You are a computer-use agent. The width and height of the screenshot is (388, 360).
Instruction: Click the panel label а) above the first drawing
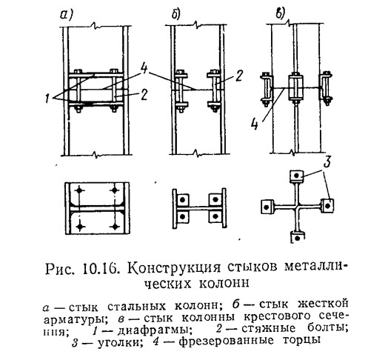coord(66,16)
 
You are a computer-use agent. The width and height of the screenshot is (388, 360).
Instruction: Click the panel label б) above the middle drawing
coord(176,15)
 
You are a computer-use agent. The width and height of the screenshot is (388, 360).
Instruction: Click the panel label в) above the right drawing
coord(281,13)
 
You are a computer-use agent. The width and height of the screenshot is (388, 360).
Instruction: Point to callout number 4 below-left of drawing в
coord(255,124)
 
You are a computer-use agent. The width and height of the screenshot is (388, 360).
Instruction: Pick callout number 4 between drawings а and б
coord(144,67)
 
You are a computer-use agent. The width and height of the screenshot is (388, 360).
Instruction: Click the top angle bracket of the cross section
coord(297,176)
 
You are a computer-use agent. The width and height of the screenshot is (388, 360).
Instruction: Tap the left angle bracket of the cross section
coord(267,207)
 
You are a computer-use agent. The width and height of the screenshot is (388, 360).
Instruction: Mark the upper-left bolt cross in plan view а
coord(79,190)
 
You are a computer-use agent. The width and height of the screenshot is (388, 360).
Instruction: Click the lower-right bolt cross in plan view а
coord(115,226)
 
